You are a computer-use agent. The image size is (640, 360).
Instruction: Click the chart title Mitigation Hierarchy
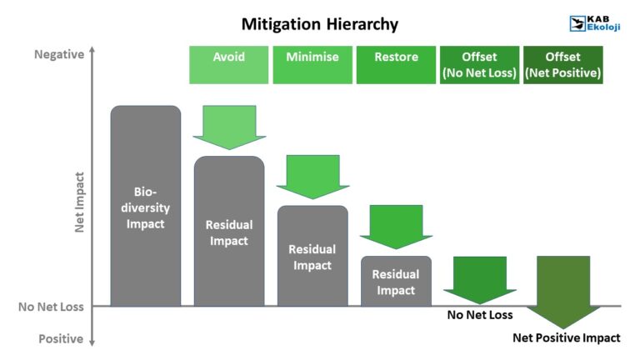tap(320, 24)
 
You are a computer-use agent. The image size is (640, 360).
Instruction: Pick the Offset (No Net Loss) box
tap(479, 64)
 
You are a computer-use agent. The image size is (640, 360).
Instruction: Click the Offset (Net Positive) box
tap(562, 64)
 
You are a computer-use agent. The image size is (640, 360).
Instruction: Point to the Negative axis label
tap(58, 55)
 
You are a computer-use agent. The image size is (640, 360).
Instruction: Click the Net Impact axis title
tap(80, 202)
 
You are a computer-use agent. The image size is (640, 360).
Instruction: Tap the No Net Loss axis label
tap(51, 307)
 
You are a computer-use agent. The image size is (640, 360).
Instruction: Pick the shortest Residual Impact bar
tap(396, 281)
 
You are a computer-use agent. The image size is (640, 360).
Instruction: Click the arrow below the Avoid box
tap(229, 127)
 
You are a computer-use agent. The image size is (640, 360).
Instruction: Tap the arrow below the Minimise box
tap(312, 176)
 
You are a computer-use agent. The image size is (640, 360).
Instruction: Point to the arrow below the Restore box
tap(396, 225)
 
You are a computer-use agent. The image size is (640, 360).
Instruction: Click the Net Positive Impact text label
tap(566, 338)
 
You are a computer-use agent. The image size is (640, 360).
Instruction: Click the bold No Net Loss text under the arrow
tap(480, 315)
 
